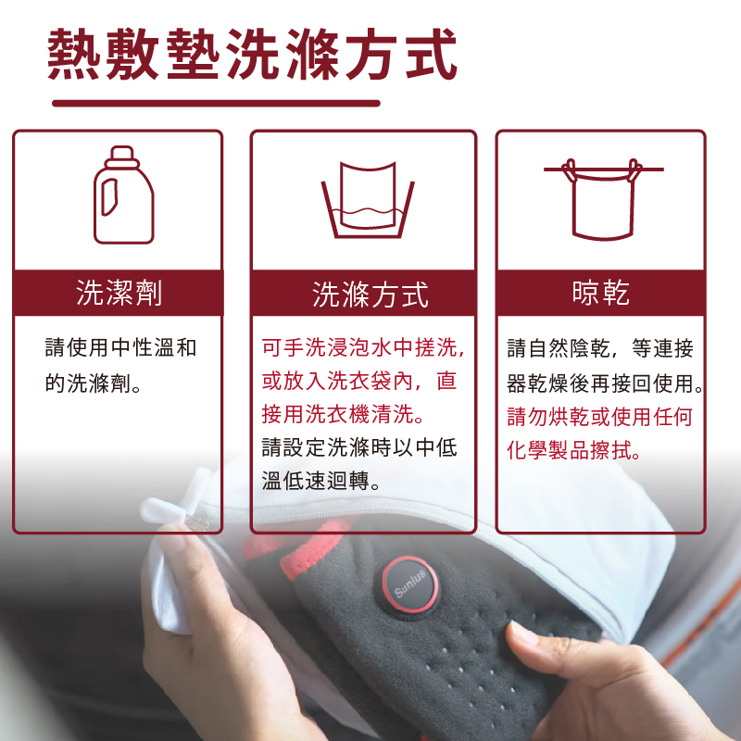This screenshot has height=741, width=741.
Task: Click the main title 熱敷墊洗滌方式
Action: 252,53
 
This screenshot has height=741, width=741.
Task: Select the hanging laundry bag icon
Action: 602,199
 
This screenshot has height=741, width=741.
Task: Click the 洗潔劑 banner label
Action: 119,293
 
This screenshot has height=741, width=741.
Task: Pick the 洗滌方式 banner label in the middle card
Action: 370,295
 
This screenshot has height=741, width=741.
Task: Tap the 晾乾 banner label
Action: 600,293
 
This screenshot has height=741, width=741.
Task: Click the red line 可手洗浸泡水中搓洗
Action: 363,348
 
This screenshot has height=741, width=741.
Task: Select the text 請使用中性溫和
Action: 120,348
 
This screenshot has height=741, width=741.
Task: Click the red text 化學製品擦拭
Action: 575,450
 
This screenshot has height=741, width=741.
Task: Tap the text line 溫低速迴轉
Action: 325,483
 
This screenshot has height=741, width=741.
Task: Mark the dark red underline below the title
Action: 216,103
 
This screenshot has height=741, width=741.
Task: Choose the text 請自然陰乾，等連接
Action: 600,348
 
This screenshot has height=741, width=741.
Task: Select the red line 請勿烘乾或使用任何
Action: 600,416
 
